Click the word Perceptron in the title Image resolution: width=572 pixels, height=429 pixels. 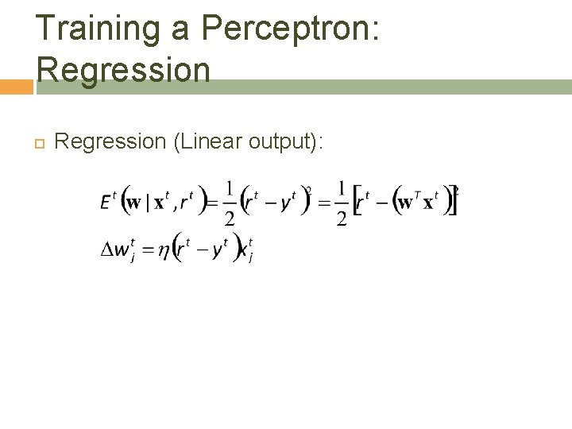pyautogui.click(x=292, y=29)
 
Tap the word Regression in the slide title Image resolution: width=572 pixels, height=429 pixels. pyautogui.click(x=123, y=69)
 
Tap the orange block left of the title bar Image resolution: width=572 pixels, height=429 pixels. pyautogui.click(x=16, y=87)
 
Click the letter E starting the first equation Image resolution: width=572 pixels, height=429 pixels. pyautogui.click(x=106, y=203)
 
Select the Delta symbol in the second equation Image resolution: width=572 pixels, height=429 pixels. pyautogui.click(x=106, y=251)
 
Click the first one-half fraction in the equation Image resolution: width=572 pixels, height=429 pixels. pyautogui.click(x=229, y=203)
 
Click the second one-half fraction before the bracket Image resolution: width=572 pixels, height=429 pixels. pyautogui.click(x=341, y=203)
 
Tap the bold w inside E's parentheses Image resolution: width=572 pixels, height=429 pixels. pyautogui.click(x=133, y=203)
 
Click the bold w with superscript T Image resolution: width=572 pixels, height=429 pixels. pyautogui.click(x=406, y=203)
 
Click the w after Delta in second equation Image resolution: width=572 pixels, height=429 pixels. pyautogui.click(x=122, y=252)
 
